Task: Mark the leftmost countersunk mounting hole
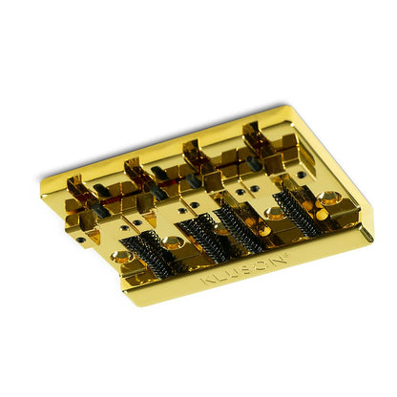pos(123,256)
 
